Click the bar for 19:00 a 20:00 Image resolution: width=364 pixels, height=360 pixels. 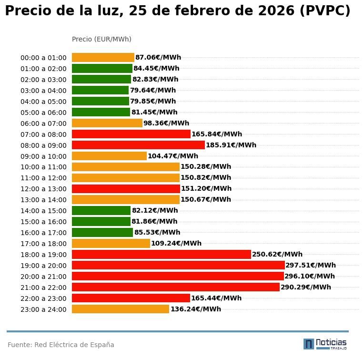coord(178,265)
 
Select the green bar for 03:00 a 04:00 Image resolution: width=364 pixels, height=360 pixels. coord(100,90)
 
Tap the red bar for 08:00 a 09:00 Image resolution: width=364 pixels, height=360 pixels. coord(138,145)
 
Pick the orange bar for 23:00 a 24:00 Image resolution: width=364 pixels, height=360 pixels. coord(121,309)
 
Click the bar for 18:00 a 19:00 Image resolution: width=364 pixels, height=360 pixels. coord(161,254)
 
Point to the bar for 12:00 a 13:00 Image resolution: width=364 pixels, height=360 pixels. coord(126,188)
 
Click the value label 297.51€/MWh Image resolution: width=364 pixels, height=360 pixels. coord(311,265)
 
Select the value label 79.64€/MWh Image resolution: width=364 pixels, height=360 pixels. coord(153,90)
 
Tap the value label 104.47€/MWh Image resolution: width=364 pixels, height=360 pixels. coord(173,156)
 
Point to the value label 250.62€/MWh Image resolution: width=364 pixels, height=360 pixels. coord(277,254)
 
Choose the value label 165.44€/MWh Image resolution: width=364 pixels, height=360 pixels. coord(216,298)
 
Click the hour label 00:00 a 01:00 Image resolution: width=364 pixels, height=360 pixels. coord(43,58)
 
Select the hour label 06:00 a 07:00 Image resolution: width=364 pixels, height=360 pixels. coord(43,123)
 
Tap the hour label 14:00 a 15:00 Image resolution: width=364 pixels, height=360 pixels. coord(43,211)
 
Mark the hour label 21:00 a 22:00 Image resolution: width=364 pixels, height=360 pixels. coord(43,288)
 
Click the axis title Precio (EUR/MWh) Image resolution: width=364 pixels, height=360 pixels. coord(101,39)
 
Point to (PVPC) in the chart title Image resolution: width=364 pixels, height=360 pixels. coord(325,11)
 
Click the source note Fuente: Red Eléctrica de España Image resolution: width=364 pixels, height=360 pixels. coord(61,345)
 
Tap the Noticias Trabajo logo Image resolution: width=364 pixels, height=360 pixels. coord(325,344)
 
